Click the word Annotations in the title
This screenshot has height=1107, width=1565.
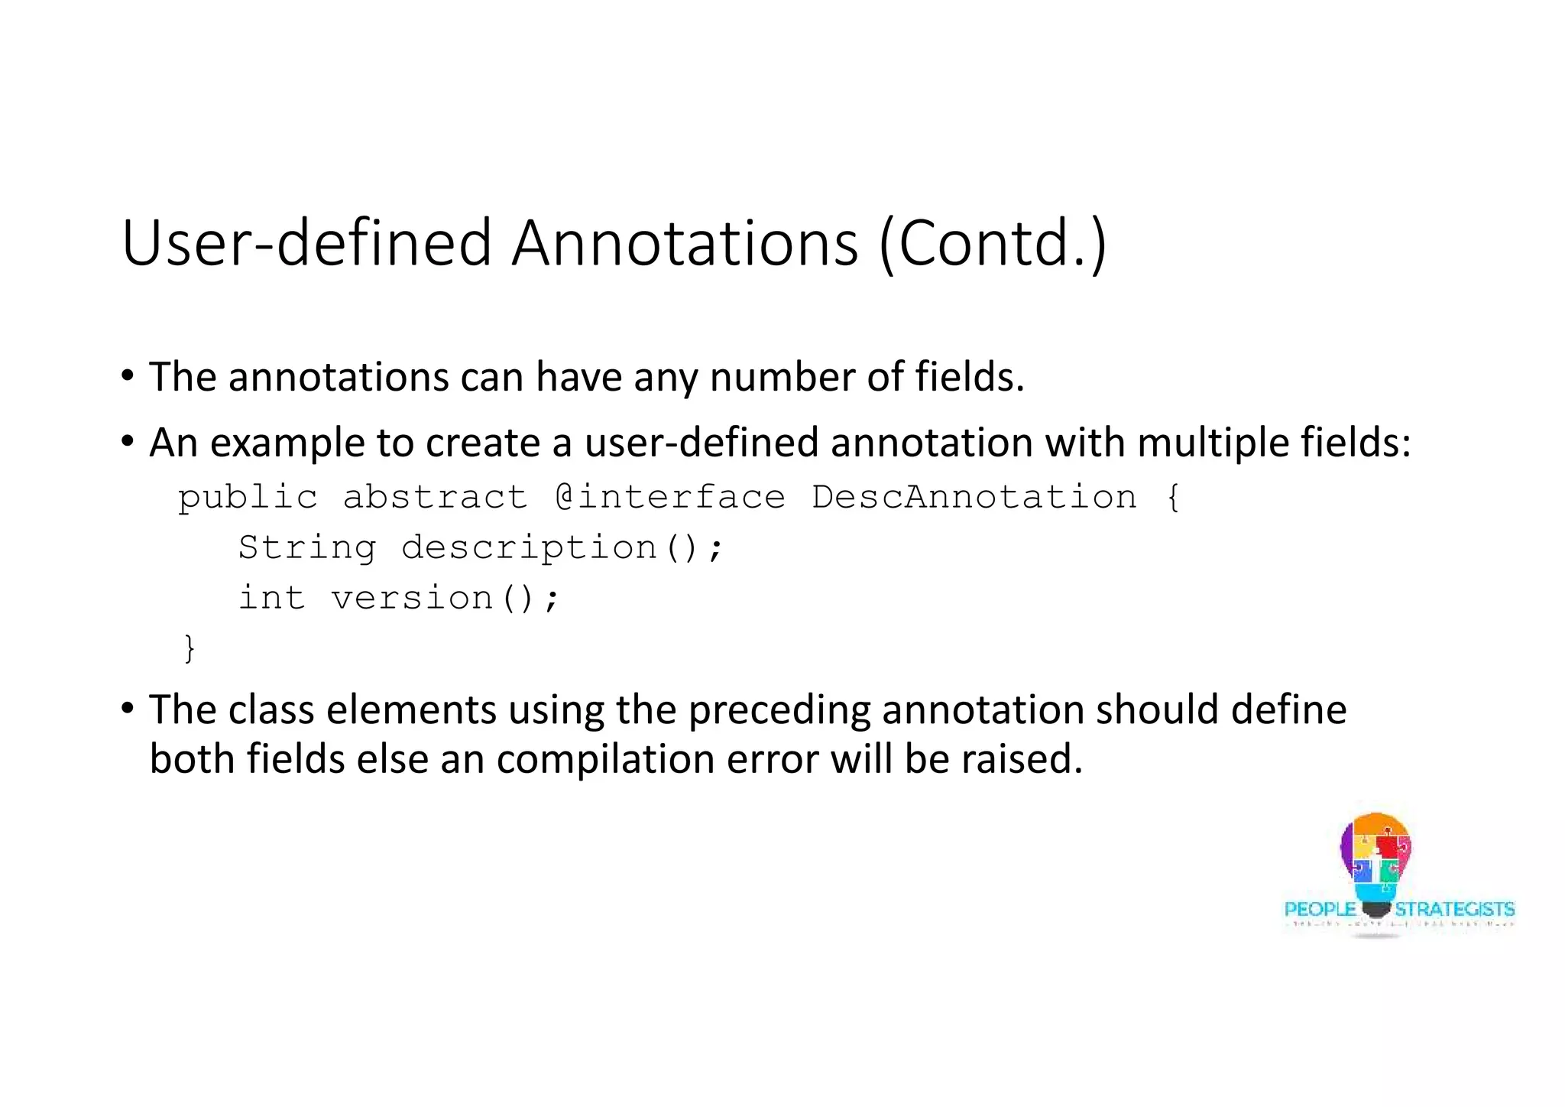(685, 243)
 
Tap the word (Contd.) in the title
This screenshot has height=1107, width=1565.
(993, 243)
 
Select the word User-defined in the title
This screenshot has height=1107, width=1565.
(306, 243)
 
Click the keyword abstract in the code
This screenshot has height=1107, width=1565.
(435, 498)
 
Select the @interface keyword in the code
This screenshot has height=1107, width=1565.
(670, 498)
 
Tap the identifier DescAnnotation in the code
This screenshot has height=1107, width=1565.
(974, 498)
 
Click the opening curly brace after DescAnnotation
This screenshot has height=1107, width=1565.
(1174, 498)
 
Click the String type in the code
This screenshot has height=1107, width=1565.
(307, 547)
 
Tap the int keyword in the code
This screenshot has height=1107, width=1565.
(272, 598)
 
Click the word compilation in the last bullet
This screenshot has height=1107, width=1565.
(605, 759)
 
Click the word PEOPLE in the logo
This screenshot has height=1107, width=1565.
(1320, 910)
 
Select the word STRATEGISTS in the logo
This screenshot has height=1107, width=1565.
(1454, 910)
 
